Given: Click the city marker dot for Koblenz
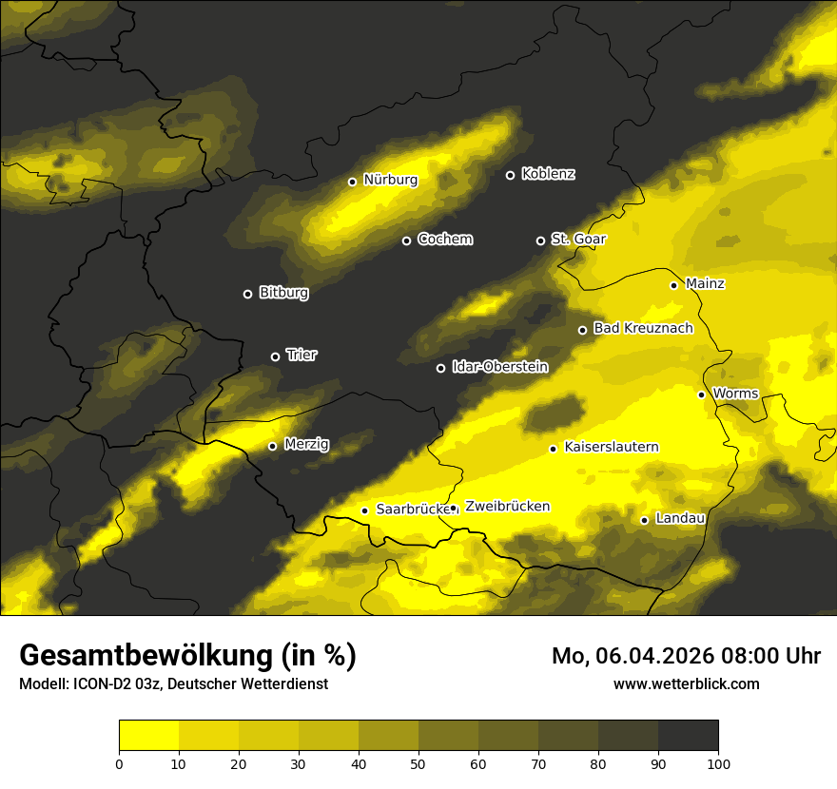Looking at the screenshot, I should pos(510,175).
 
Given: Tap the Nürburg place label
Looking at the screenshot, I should pos(390,180).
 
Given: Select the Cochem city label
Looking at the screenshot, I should pos(444,240).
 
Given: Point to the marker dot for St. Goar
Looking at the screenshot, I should pos(540,241).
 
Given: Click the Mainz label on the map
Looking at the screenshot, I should pos(705,284).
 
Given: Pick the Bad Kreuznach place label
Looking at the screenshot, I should pos(643,329).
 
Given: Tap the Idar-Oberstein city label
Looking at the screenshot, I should pos(499,367).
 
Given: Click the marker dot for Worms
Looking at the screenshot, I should pos(701,394).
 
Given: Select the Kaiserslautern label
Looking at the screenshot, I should pos(612,447).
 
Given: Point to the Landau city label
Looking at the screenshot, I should pos(680,519).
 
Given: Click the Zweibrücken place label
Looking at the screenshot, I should pos(507,507).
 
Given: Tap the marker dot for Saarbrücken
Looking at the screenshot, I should pos(364,510).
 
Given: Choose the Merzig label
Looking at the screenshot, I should pos(306,445).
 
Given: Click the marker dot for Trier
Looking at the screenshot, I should pos(276,356).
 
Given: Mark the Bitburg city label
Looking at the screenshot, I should pos(283,293).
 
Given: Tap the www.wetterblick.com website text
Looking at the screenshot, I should pos(686,684).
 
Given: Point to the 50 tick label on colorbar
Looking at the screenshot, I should pos(418,763).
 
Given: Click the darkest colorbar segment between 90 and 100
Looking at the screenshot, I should pos(688,736).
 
